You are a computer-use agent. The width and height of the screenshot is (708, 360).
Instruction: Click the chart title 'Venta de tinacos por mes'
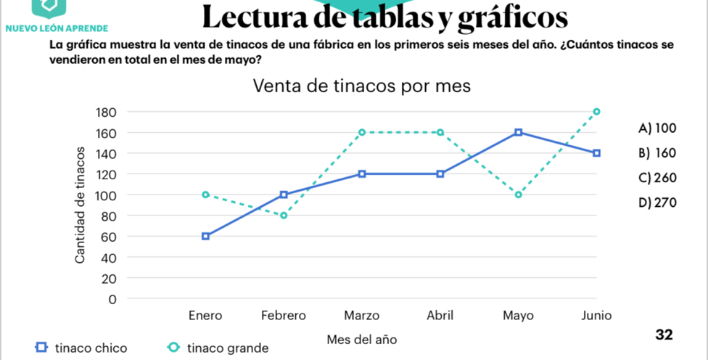coord(361,86)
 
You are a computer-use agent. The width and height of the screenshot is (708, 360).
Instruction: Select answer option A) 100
coord(657,128)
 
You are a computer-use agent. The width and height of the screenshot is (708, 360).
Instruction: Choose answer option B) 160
coord(657,153)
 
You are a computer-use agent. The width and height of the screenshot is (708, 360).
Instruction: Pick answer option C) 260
coord(657,178)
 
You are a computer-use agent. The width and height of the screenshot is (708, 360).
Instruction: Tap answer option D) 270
coord(657,202)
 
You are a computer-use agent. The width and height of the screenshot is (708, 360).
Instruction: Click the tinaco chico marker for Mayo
coord(518,133)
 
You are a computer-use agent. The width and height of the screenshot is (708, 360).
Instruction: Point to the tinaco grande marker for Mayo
coord(518,195)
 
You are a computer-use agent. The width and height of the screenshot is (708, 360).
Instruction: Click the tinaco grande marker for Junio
coord(596,112)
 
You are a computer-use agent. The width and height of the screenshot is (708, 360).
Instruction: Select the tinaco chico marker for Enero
coord(206,236)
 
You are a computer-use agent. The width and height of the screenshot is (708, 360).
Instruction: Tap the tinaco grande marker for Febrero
coord(284,216)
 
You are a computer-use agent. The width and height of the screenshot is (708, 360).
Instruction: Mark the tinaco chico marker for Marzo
coord(362,174)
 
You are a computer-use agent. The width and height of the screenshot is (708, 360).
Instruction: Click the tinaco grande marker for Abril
coord(440,133)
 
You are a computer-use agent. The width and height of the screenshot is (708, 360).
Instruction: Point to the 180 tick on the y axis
coord(106,112)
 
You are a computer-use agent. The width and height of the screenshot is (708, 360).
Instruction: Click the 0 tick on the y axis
coord(112,299)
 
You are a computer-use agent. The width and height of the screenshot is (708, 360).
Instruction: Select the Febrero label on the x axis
coord(284,316)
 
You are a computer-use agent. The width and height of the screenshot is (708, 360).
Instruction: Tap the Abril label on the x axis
coord(440,316)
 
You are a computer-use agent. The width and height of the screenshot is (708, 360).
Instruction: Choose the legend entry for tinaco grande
coord(218,348)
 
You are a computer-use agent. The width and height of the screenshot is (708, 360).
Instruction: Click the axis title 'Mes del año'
coord(362,340)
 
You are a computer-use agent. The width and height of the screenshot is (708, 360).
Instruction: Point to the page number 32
coord(664,335)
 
